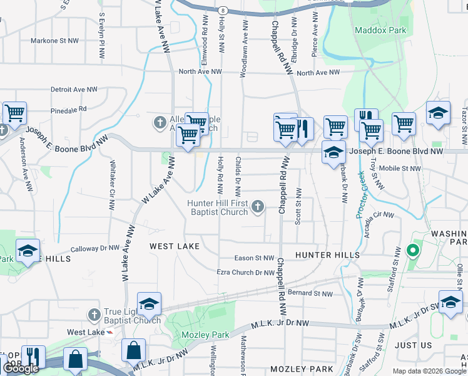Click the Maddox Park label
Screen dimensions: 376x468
pyautogui.click(x=380, y=30)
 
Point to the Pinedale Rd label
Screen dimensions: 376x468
pyautogui.click(x=69, y=109)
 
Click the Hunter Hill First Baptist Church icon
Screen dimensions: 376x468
pyautogui.click(x=257, y=206)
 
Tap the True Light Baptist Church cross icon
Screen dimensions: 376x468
pyautogui.click(x=94, y=313)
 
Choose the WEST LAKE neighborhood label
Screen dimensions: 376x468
pyautogui.click(x=175, y=246)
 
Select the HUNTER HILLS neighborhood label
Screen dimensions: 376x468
pyautogui.click(x=327, y=255)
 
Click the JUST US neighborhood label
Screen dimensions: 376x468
pyautogui.click(x=414, y=345)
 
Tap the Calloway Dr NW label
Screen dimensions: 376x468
pyautogui.click(x=95, y=248)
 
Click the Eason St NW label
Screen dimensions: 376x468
pyautogui.click(x=254, y=258)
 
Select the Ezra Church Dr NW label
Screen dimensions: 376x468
pyautogui.click(x=245, y=273)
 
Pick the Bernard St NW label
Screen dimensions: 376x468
pyautogui.click(x=312, y=293)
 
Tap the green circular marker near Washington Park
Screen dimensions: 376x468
pyautogui.click(x=412, y=251)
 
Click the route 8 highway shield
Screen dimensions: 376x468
pyautogui.click(x=222, y=11)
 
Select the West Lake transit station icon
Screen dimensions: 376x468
pyautogui.click(x=111, y=332)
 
